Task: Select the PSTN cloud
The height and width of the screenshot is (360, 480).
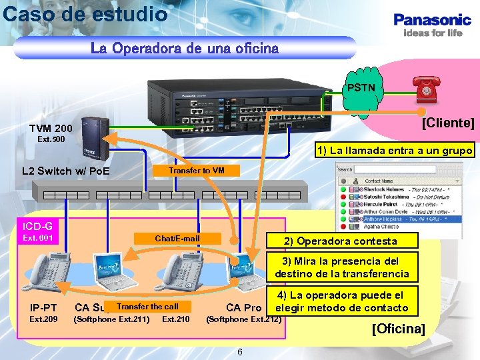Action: click(x=361, y=88)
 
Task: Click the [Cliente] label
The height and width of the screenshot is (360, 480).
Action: click(x=447, y=123)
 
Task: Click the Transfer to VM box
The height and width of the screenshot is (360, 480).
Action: click(x=197, y=171)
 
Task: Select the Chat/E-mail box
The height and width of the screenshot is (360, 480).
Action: click(x=177, y=238)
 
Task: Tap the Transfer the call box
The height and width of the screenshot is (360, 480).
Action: click(x=147, y=307)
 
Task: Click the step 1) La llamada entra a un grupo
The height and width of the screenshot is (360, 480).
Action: click(x=395, y=151)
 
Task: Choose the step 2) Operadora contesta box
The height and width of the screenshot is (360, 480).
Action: click(x=340, y=241)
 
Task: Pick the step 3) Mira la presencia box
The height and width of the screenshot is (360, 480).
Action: click(x=341, y=267)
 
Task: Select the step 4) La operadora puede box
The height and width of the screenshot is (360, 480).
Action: click(x=341, y=301)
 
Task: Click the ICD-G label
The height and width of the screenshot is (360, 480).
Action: click(x=38, y=226)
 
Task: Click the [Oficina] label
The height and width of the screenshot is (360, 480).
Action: click(x=398, y=329)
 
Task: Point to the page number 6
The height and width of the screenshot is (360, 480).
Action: click(x=239, y=351)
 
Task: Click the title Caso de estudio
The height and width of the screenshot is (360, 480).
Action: click(x=85, y=13)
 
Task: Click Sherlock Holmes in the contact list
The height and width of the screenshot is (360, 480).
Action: click(x=378, y=189)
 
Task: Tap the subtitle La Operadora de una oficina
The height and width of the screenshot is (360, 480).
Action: click(x=185, y=49)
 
